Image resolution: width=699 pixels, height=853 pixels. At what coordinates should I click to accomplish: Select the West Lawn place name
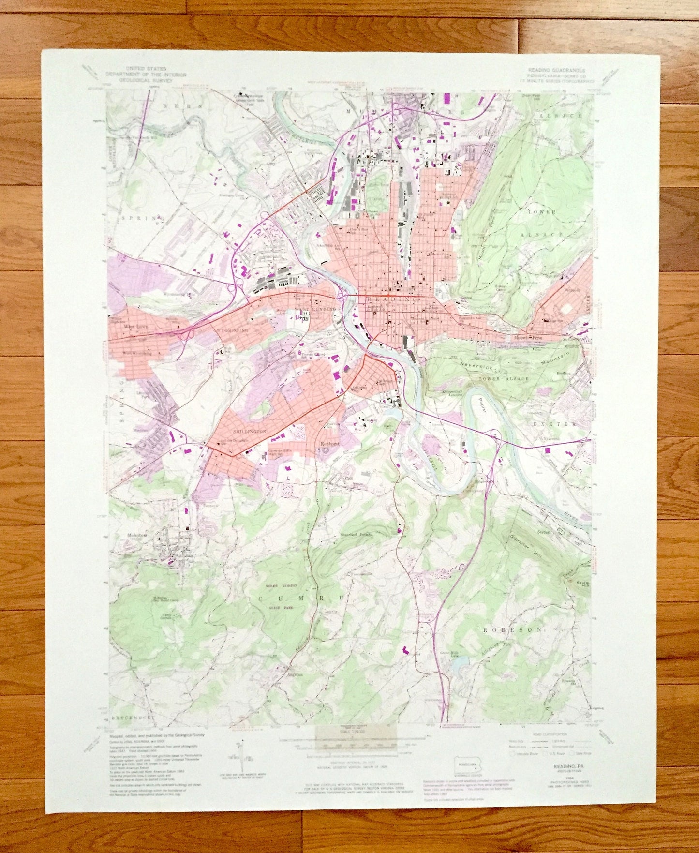click(x=135, y=327)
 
